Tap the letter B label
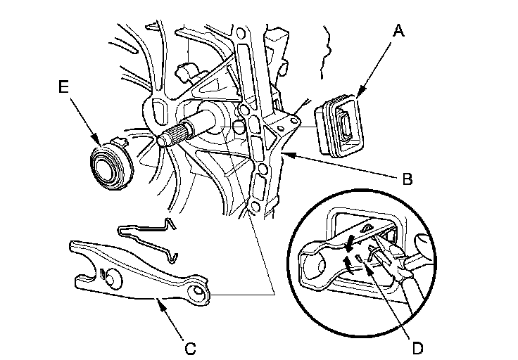[406, 179]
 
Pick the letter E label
[64, 88]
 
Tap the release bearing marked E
[111, 164]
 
